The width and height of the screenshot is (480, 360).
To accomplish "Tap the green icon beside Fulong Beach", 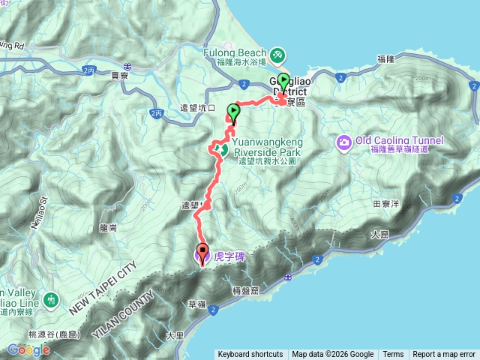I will pos(277,55).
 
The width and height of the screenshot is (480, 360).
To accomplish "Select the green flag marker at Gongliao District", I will pos(283,80).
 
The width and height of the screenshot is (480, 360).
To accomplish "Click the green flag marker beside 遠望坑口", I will pos(233,113).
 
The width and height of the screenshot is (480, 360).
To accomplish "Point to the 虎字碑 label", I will pos(229,256).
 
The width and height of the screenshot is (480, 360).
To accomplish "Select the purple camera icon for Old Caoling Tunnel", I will pos(345,142).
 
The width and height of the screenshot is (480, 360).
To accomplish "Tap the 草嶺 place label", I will pos(197,304).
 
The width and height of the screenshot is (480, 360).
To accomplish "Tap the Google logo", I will pos(28,349).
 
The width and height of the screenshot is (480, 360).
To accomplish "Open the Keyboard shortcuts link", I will pos(250,355).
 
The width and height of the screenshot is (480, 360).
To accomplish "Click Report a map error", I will pos(445,355).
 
